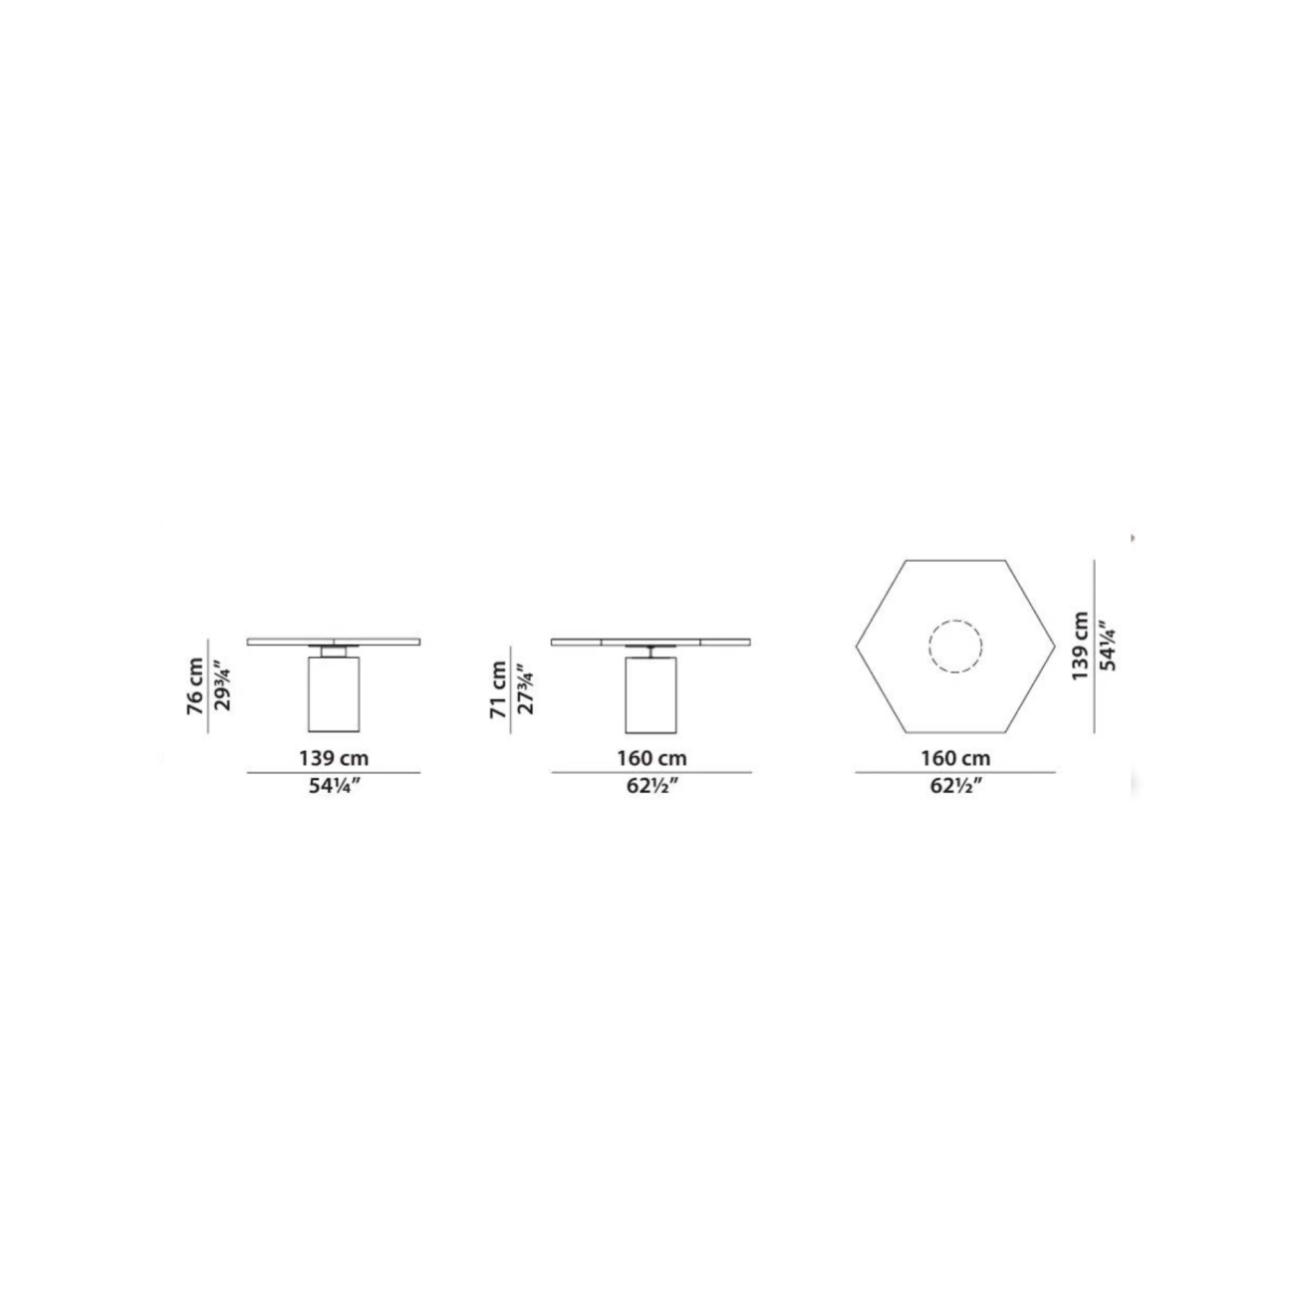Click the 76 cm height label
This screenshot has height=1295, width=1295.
point(195,685)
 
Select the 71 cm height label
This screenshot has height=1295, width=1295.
point(498,690)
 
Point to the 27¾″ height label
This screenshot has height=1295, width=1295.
point(525,689)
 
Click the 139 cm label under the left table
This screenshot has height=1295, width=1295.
point(334,759)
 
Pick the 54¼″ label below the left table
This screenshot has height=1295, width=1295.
point(335,786)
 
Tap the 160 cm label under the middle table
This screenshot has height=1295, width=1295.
point(651,759)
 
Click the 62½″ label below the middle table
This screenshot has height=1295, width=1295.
point(651,786)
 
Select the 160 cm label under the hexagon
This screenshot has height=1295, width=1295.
point(955,759)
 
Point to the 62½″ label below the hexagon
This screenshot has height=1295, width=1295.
point(955,786)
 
